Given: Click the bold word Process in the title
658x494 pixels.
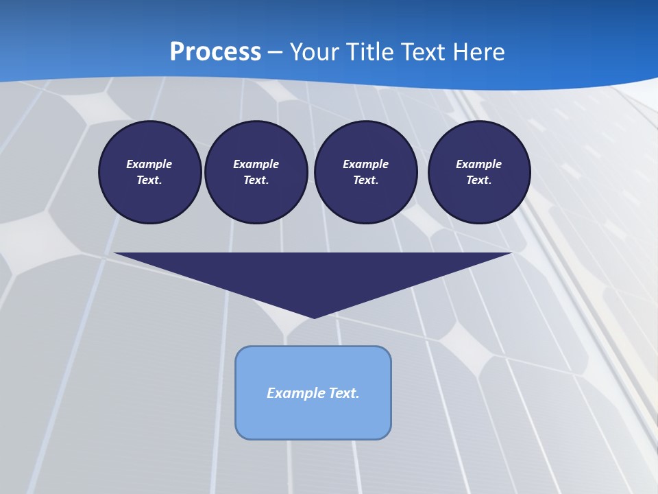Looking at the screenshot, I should click(215, 52).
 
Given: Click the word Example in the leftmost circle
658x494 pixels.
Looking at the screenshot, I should click(149, 164).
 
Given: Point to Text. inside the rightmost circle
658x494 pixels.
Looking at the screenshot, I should click(479, 180).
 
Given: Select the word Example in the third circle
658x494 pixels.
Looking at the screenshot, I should click(365, 164).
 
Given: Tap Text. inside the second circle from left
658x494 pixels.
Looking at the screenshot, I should click(256, 180).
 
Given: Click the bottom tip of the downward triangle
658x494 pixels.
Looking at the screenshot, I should click(314, 316).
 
